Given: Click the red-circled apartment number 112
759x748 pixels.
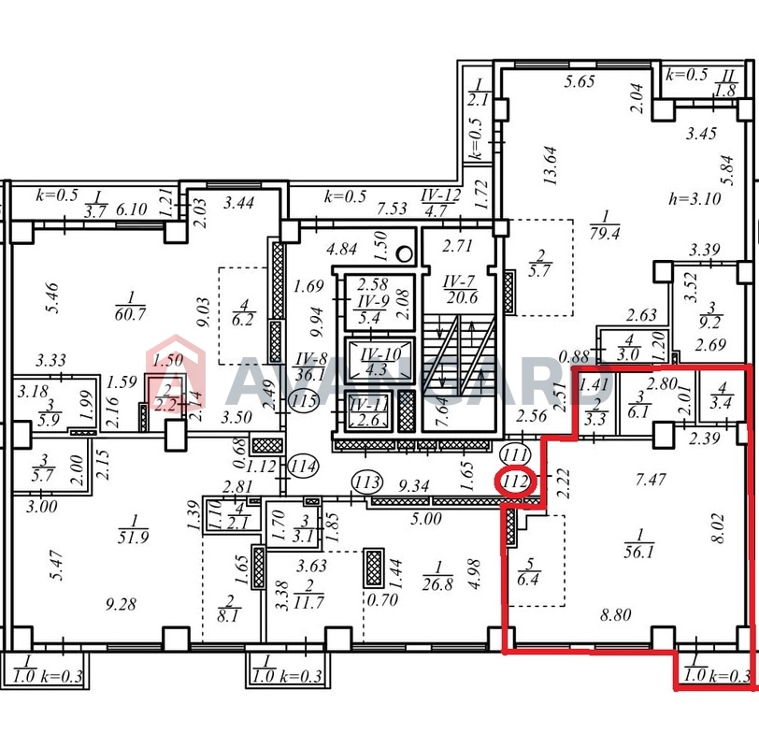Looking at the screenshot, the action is pos(516,482).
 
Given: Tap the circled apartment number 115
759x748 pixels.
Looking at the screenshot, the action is pos(304,401).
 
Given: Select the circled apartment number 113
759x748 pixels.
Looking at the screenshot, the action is pos(367,482).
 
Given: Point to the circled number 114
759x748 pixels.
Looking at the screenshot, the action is pos(304,467).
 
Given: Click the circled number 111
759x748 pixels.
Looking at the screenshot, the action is pos(515,454).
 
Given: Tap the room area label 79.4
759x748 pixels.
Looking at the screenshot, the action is pos(605,235).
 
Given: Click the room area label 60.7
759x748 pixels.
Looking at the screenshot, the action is pos(130,314).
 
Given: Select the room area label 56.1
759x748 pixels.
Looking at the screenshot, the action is pos(639,552).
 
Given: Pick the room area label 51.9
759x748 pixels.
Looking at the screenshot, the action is pos(133,538).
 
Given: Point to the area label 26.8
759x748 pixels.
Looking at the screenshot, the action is pos(437,584).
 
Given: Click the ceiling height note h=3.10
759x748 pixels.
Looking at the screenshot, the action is pos(695,198).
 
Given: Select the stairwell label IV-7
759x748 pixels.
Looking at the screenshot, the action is pos(459,281).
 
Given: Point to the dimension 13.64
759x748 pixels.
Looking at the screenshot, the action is pos(551,165).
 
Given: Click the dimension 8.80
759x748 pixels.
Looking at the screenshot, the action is pos(616,615).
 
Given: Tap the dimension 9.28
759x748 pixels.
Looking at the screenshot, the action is pos(121,604).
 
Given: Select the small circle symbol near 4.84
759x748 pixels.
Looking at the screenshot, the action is pos(404,253).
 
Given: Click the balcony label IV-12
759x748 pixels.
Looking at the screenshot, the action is pos(440,195).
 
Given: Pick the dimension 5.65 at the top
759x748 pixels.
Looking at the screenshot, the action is pos(579,80).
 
